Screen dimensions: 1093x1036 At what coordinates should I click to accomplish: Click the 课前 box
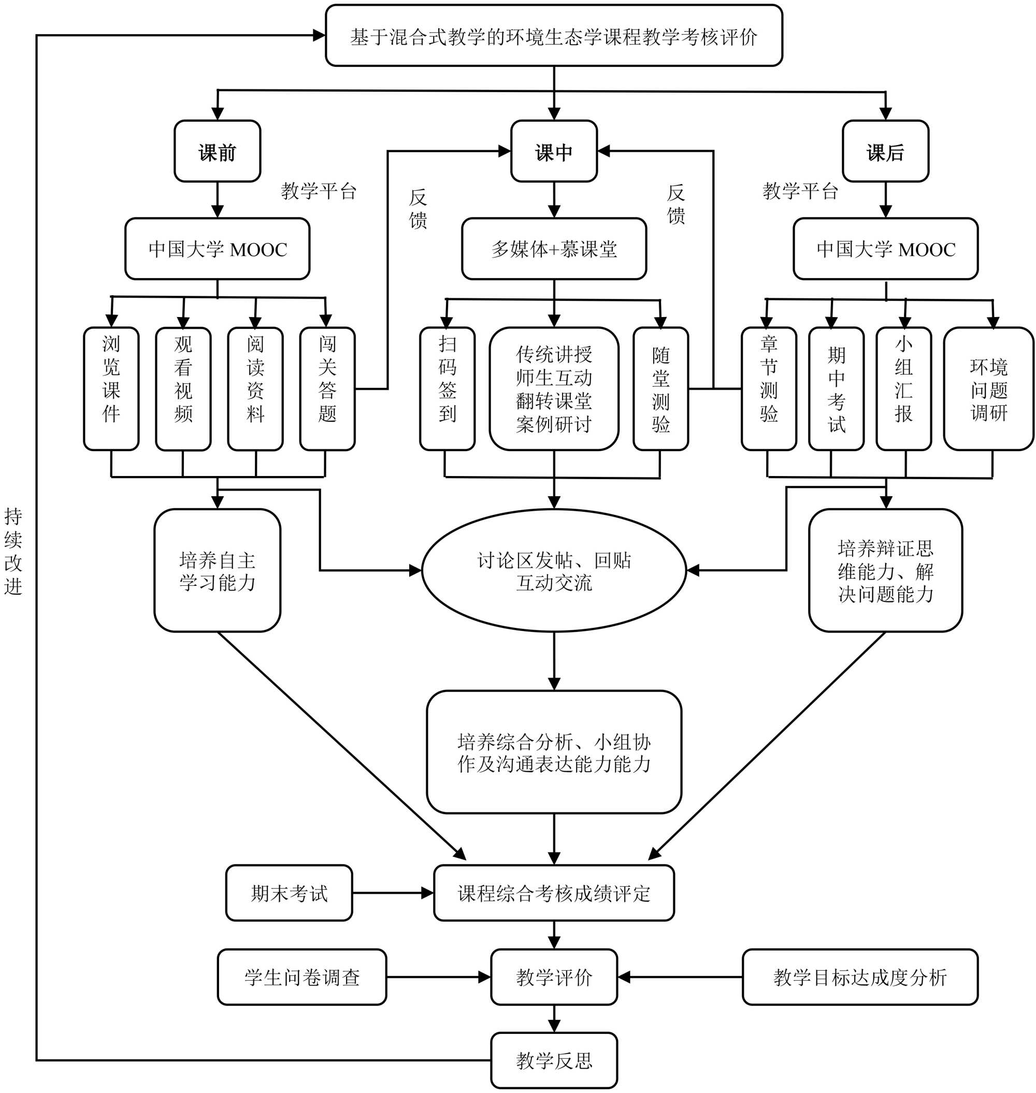[x=217, y=151]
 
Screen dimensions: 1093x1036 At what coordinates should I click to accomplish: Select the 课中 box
[x=553, y=151]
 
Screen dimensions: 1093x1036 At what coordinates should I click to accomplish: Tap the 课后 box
[x=885, y=151]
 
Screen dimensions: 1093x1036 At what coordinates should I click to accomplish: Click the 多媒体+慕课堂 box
[x=554, y=249]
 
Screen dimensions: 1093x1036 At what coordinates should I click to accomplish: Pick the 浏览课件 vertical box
[x=111, y=389]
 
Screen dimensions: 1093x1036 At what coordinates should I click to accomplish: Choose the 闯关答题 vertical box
[x=327, y=389]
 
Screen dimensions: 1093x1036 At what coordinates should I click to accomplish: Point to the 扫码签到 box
[x=448, y=389]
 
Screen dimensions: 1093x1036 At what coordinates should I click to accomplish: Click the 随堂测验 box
[x=660, y=389]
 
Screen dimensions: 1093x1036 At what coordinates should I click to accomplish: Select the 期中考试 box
[x=836, y=389]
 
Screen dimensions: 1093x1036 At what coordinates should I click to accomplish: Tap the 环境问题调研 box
[x=988, y=389]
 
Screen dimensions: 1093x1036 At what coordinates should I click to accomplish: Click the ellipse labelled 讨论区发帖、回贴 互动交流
[x=554, y=570]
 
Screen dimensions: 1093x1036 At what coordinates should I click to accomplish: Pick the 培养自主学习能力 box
[x=217, y=570]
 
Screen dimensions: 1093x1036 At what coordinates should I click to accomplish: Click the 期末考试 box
[x=289, y=893]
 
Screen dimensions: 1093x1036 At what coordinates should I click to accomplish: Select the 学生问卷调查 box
[x=301, y=977]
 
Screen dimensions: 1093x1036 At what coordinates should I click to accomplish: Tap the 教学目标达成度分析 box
[x=860, y=977]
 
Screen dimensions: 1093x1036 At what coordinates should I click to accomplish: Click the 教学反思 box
[x=554, y=1060]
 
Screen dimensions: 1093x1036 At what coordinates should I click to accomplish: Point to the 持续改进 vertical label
[x=13, y=551]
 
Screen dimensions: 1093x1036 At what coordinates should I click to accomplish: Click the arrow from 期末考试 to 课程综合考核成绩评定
[x=393, y=893]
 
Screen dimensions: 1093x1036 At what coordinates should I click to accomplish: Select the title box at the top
[x=554, y=36]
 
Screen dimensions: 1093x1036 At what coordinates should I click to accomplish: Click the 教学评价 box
[x=554, y=977]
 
